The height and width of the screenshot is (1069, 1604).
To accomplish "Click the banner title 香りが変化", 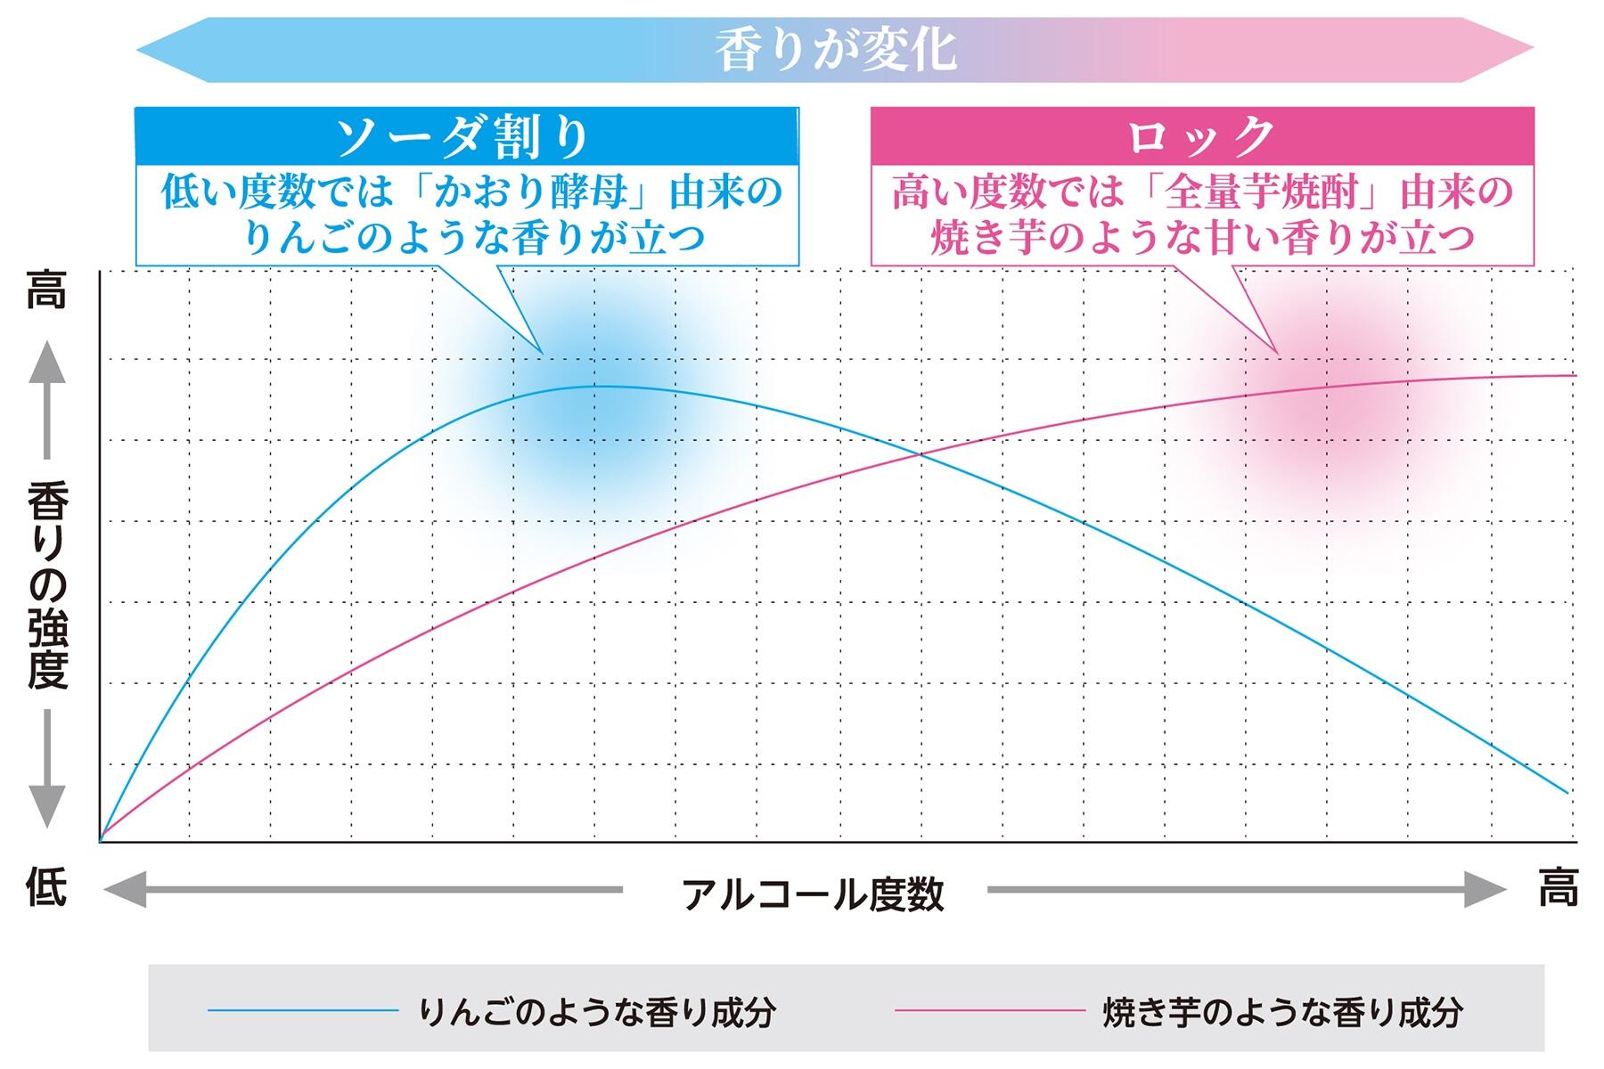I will pyautogui.click(x=836, y=50).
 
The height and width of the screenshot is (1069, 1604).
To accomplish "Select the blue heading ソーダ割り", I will pyautogui.click(x=462, y=137).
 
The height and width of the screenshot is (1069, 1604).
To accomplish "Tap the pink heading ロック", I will pyautogui.click(x=1201, y=137).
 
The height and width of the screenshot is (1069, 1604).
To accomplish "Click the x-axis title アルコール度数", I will pyautogui.click(x=813, y=894).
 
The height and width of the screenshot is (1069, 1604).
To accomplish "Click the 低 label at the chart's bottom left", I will pyautogui.click(x=46, y=888).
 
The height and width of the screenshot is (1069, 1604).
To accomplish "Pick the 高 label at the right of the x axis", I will pyautogui.click(x=1558, y=888).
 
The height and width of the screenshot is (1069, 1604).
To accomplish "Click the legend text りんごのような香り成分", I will pyautogui.click(x=597, y=1012).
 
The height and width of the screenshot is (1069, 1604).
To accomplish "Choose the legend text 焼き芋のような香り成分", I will pyautogui.click(x=1283, y=1012).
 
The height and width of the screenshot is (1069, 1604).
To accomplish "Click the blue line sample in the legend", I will pyautogui.click(x=303, y=1010).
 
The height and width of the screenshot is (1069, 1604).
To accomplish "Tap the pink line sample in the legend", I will pyautogui.click(x=989, y=1010).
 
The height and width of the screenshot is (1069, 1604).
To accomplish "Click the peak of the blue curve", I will pyautogui.click(x=602, y=386).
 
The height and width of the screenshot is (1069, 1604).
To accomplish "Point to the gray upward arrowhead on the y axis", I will pyautogui.click(x=47, y=363).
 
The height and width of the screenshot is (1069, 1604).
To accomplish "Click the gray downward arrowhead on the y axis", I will pyautogui.click(x=47, y=806).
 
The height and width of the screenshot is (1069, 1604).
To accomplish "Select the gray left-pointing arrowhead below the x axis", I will pyautogui.click(x=126, y=889).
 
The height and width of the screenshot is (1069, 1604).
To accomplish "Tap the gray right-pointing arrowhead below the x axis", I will pyautogui.click(x=1484, y=889).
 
